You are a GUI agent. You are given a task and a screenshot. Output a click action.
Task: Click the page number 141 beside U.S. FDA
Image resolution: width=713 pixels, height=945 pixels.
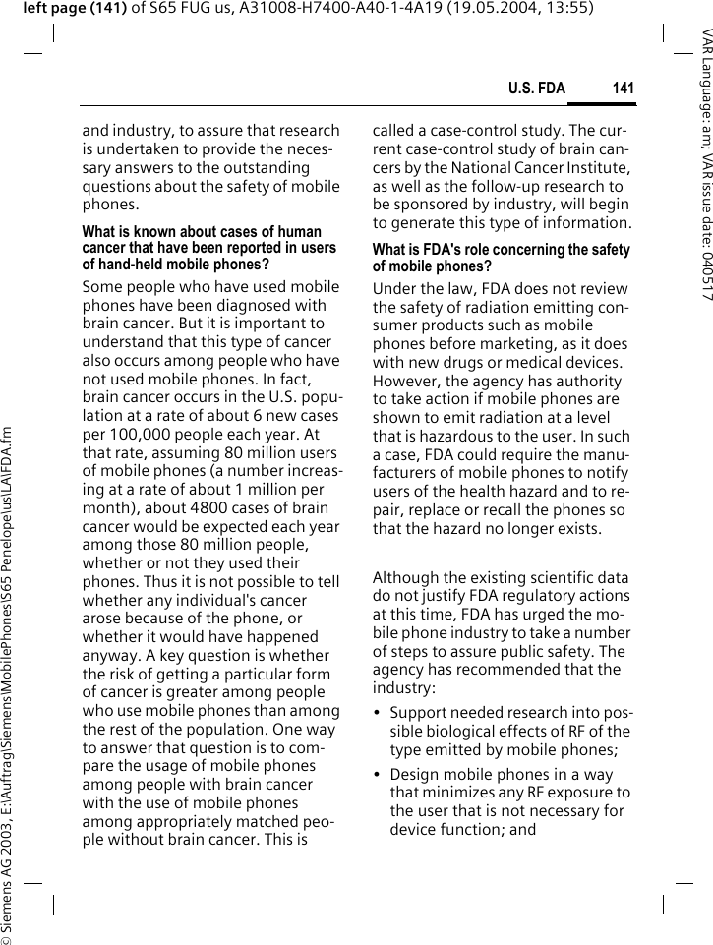tap(623, 89)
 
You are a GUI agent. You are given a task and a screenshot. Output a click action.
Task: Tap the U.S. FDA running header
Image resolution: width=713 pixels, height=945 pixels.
tap(536, 89)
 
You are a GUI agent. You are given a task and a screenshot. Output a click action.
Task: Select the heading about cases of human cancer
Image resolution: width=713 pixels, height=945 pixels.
tap(208, 248)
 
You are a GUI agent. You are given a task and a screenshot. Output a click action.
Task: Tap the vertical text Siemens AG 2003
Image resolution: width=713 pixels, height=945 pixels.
tap(9, 875)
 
